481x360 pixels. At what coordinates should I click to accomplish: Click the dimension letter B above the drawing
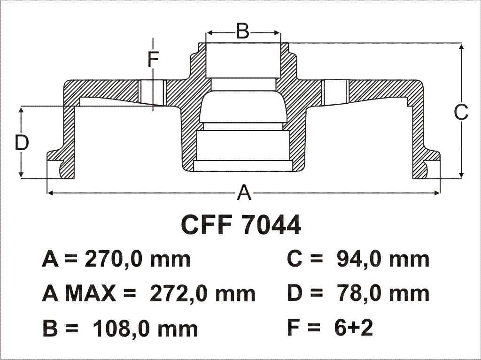point(243,31)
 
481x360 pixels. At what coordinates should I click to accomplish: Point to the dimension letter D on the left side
point(22,143)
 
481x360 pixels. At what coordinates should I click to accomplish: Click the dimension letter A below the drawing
point(244,192)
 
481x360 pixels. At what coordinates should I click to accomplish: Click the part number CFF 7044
point(241,225)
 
